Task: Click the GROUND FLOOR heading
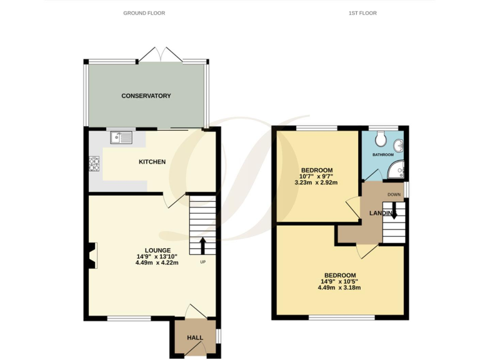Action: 144,12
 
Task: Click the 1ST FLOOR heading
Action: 362,12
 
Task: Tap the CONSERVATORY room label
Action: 146,96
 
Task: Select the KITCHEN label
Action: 152,162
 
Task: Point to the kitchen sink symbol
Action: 120,137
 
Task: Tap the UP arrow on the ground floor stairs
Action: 202,244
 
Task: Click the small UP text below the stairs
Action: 202,262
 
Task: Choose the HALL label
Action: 195,337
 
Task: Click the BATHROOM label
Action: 383,154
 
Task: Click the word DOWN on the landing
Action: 394,194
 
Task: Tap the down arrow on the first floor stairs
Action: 394,214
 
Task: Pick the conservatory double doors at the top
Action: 161,55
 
